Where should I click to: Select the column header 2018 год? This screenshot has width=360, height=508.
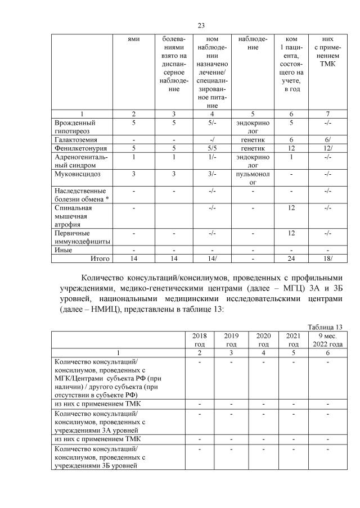199,339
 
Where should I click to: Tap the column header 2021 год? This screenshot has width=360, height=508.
293,339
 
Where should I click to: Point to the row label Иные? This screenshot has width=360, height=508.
62,250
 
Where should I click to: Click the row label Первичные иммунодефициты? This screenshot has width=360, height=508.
81,237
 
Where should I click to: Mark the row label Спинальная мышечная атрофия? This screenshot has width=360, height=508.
74,216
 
